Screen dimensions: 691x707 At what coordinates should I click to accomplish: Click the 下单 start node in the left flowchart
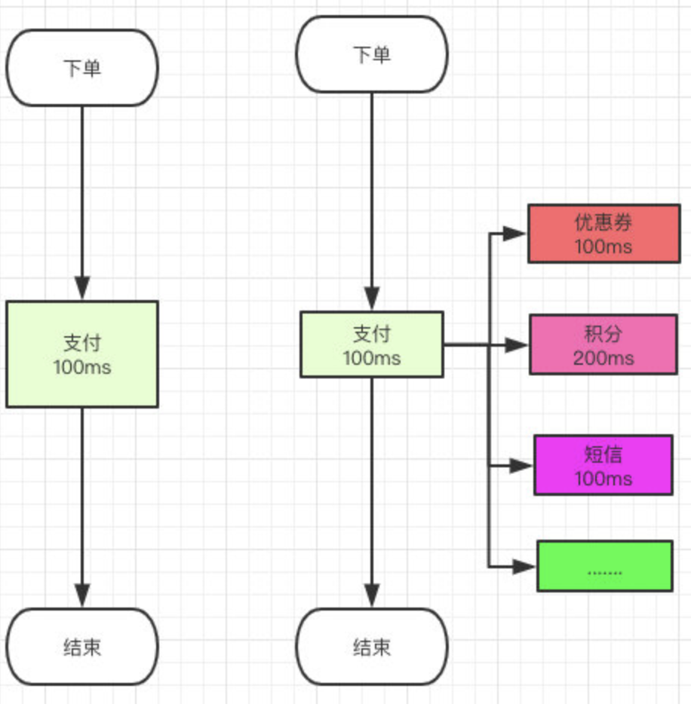click(x=82, y=68)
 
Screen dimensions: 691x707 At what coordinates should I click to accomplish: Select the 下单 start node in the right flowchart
click(x=372, y=54)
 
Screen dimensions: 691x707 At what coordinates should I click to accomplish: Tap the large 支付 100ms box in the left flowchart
click(x=82, y=354)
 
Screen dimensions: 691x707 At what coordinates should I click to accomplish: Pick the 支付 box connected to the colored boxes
click(x=372, y=344)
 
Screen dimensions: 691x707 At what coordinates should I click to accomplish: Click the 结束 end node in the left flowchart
click(x=82, y=647)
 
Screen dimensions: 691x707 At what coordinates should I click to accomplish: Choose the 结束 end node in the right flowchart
click(x=372, y=647)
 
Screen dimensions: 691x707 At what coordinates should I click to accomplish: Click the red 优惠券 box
click(x=604, y=234)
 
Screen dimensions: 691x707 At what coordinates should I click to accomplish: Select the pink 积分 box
click(x=603, y=344)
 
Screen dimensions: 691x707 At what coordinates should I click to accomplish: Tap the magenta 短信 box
click(x=603, y=465)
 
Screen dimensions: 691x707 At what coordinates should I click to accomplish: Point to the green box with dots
click(x=605, y=566)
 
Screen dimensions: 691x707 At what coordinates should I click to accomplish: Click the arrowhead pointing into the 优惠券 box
click(x=514, y=234)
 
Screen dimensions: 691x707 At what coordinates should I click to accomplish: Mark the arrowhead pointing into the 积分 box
click(x=516, y=345)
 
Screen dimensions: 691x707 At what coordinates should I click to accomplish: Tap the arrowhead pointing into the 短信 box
click(x=521, y=466)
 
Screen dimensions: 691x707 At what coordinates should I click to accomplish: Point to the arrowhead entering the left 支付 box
click(x=82, y=288)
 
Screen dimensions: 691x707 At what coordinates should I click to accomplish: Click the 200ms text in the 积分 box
click(x=603, y=359)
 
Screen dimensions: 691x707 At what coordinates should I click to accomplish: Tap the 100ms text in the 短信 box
click(x=603, y=479)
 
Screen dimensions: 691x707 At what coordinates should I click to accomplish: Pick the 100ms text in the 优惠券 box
click(x=603, y=247)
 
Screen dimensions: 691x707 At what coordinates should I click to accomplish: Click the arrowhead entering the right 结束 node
click(x=372, y=595)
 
